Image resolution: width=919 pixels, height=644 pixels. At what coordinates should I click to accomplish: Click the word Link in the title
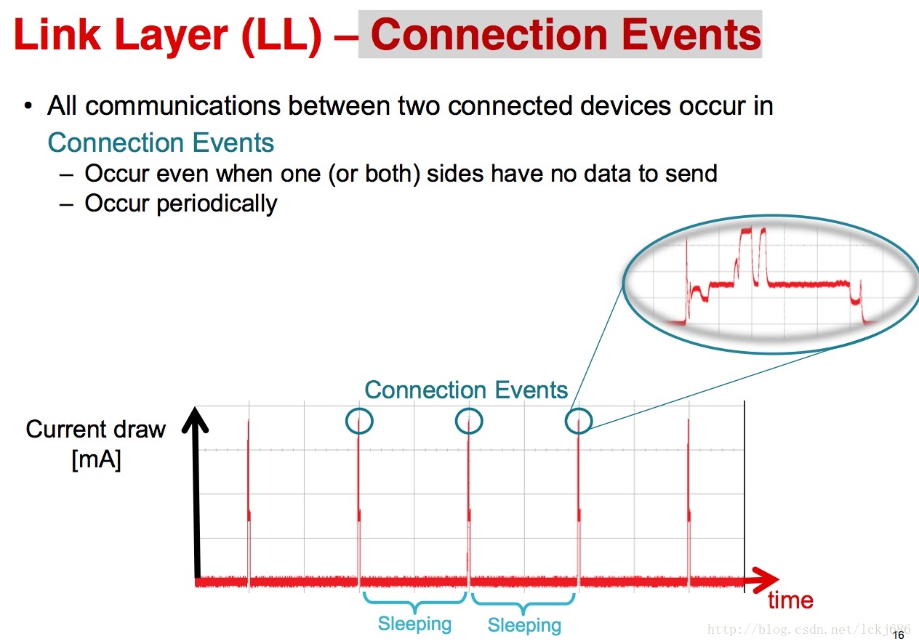[57, 34]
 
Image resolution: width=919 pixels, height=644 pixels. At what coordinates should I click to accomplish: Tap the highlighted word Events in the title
[691, 34]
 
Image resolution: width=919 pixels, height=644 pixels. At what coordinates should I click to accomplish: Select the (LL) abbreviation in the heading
[282, 36]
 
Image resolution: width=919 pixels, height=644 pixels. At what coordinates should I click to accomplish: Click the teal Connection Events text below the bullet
[161, 142]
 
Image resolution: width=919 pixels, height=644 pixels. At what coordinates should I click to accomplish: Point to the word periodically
[217, 204]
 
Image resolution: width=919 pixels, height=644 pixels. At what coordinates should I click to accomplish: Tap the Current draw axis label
[95, 430]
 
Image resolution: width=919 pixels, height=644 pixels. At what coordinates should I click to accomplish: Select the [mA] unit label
[97, 459]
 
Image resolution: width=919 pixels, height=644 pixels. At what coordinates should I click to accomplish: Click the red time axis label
[790, 600]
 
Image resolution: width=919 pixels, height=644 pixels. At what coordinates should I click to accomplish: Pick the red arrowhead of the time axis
[765, 580]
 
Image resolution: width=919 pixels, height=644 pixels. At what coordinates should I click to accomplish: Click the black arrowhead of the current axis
[196, 420]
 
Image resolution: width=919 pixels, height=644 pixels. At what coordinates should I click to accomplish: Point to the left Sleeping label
[414, 624]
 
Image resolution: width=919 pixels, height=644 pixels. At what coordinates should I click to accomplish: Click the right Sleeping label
[524, 625]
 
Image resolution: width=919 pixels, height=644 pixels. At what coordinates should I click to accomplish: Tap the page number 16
[899, 635]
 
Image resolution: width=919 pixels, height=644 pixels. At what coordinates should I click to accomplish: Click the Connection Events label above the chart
[466, 390]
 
